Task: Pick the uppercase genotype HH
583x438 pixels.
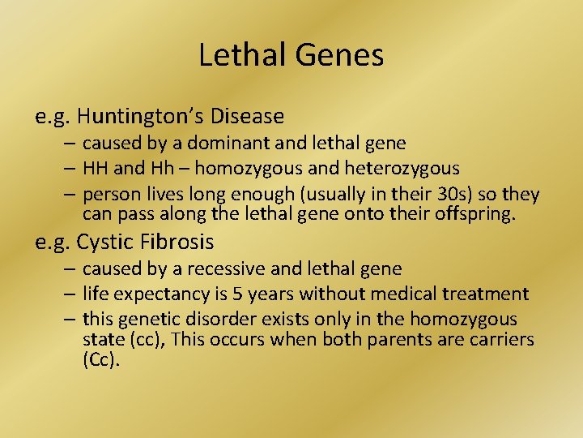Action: [x=96, y=169]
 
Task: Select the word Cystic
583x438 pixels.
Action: [x=104, y=242]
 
